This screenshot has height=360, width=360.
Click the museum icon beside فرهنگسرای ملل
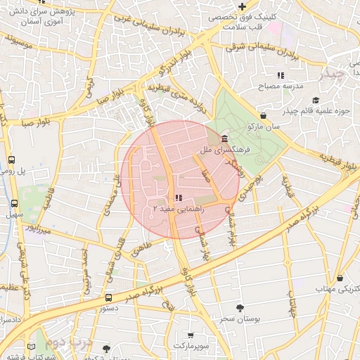point(224,138)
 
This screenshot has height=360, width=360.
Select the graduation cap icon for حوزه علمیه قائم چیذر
point(315,100)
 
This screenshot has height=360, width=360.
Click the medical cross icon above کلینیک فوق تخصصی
point(242,6)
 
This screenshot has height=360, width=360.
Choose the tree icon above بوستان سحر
point(240,308)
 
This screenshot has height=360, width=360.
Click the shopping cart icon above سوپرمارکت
point(191,335)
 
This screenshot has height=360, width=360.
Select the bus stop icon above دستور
point(108,298)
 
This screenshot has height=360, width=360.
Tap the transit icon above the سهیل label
point(14,202)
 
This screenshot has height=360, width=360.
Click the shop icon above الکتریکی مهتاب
point(340,278)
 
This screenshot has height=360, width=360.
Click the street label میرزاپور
point(37,228)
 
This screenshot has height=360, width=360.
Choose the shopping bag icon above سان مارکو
point(263,115)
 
